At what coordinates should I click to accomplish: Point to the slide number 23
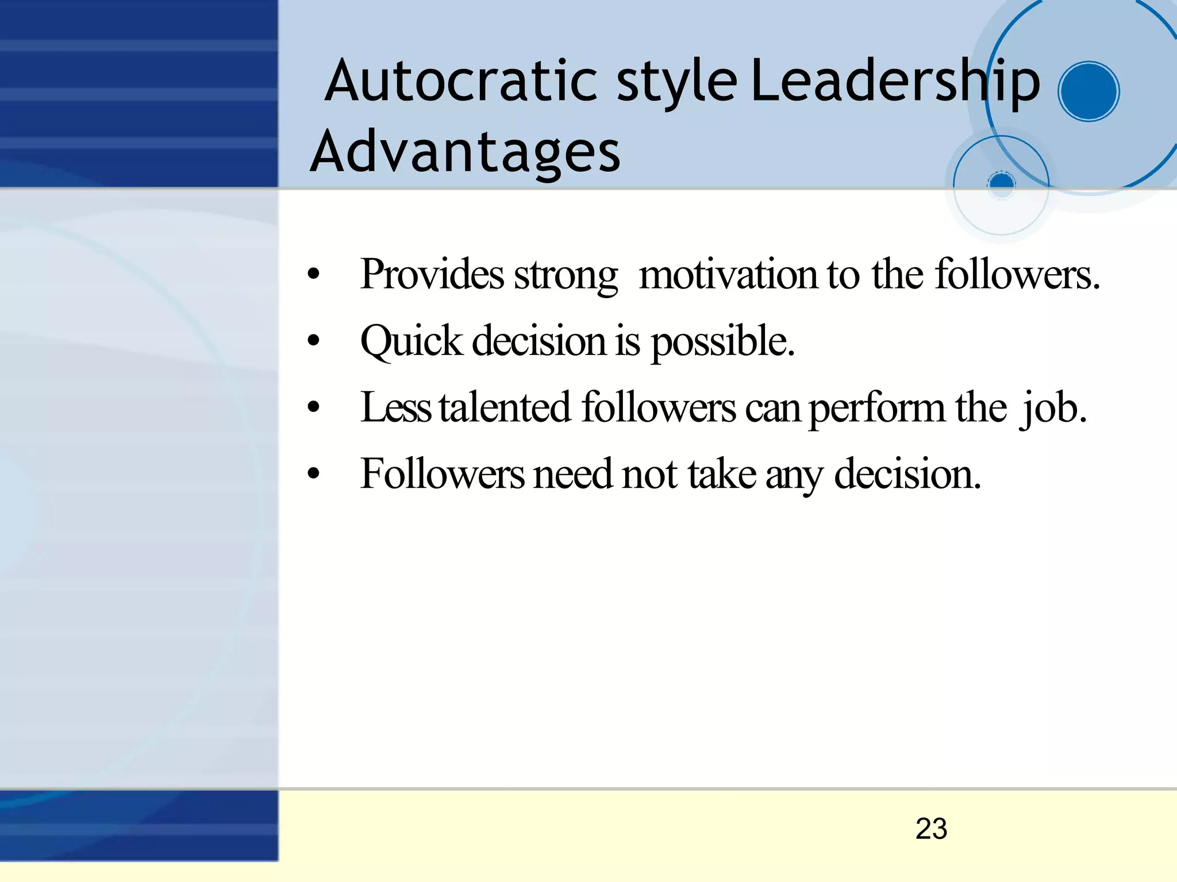931,829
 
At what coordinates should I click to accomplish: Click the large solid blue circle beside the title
1088,91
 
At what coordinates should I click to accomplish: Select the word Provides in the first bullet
432,275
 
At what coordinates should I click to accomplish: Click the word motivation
728,275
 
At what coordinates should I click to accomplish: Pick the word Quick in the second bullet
411,341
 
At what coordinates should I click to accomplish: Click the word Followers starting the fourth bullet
442,474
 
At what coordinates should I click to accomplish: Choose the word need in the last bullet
572,475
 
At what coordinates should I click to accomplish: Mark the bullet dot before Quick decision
313,341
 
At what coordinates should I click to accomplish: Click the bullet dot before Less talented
313,407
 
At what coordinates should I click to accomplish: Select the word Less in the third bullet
395,407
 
